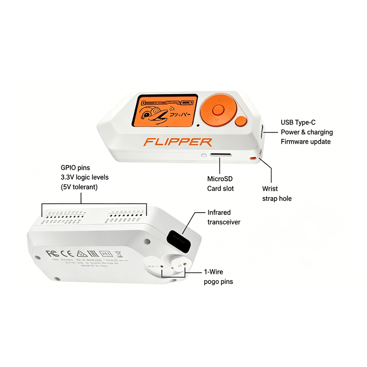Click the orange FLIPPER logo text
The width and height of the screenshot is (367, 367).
tap(177, 142)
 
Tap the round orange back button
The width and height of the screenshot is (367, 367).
tap(241, 122)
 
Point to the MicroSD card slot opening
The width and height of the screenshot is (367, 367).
tap(221, 155)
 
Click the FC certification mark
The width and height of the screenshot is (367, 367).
tap(52, 253)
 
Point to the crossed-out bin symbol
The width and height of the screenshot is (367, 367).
tap(118, 253)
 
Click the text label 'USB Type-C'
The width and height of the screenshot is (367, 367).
tap(298, 122)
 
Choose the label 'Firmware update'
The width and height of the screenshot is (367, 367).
tap(306, 141)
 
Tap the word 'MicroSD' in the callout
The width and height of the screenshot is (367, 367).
tap(220, 179)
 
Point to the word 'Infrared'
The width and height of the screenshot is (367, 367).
tap(219, 212)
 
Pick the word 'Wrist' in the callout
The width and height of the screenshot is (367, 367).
tap(270, 188)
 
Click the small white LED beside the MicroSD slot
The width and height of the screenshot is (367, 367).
tap(204, 156)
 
